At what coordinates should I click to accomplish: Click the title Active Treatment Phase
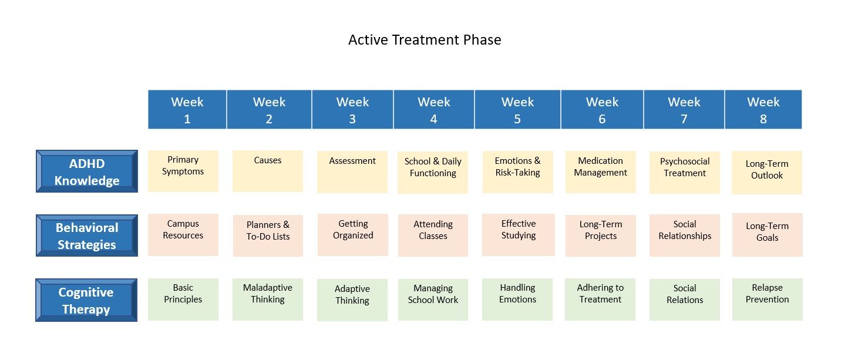point(425,40)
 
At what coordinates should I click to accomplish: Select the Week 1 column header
point(187,109)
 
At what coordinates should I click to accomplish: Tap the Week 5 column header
point(517,109)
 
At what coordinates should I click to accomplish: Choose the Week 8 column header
point(763,109)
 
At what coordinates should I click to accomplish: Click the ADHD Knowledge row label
point(87,171)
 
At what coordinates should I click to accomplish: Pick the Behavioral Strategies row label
point(87,235)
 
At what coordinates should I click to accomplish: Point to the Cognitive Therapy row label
point(86,300)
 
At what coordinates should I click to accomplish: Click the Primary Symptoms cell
point(183,171)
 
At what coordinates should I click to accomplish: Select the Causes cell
point(268,171)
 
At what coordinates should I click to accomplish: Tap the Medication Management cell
point(601,172)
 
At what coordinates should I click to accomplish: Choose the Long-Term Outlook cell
point(767,173)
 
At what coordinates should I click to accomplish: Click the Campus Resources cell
point(183,235)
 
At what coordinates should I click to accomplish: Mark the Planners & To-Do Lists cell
point(268,235)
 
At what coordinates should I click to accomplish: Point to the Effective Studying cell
point(519,235)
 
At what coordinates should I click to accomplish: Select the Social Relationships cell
point(685,235)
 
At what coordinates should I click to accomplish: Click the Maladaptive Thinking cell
point(268,300)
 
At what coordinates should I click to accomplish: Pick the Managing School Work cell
point(433,300)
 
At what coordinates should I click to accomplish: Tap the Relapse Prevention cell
point(768,300)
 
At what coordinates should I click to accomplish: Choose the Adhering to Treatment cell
point(600,300)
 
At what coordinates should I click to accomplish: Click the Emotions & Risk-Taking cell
point(517,172)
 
